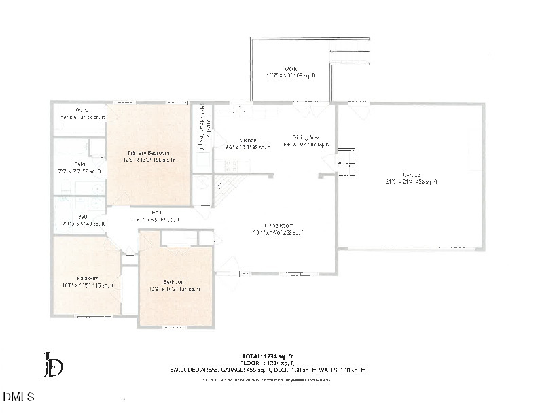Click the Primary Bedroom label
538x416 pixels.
149,156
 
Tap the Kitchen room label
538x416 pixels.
247,143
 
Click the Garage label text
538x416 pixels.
411,178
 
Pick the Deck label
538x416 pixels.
291,72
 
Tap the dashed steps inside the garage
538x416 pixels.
347,162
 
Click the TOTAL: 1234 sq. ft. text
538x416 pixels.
268,356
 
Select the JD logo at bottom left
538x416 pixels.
53,365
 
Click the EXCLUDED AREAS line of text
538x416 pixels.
267,370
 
